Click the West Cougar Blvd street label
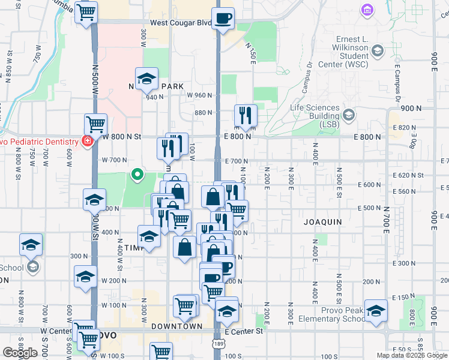click(180, 23)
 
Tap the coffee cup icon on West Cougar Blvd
click(223, 18)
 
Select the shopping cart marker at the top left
click(87, 11)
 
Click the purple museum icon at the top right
click(366, 10)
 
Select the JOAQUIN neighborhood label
click(322, 222)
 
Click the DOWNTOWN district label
click(176, 326)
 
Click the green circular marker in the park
click(137, 175)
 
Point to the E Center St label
click(244, 331)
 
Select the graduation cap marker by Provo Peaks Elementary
click(376, 310)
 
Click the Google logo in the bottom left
click(20, 353)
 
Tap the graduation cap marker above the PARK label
click(146, 78)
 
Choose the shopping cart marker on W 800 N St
click(95, 124)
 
